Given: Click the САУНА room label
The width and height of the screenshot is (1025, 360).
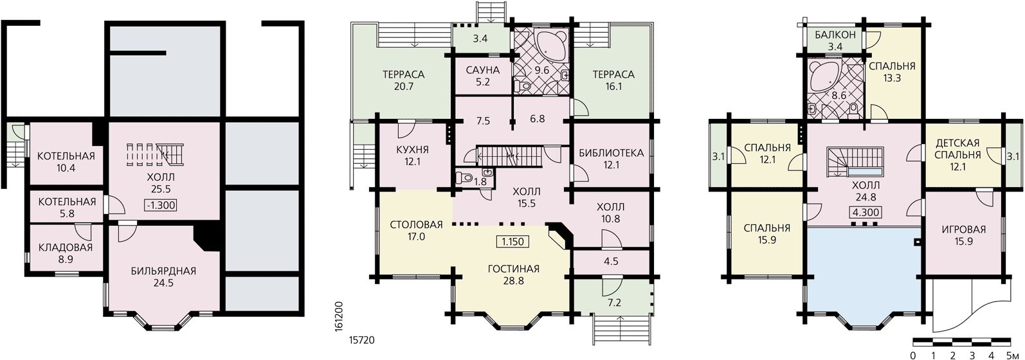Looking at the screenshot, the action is point(483,71).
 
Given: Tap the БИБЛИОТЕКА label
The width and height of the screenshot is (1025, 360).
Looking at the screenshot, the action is point(612,153).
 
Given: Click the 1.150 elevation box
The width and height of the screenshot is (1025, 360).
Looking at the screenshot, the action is point(512,242).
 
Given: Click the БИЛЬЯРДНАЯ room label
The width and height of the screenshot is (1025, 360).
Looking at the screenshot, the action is point(163,271).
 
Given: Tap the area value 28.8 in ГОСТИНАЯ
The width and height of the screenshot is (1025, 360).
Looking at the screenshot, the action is point(513,280).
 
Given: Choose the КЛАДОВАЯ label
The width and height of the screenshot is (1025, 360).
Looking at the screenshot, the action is point(66,248).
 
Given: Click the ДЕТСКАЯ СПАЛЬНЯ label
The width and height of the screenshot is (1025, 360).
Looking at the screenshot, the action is point(957,149).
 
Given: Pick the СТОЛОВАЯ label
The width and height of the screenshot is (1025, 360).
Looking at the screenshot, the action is point(416,224).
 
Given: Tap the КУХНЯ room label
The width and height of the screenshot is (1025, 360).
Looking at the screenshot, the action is point(412,150).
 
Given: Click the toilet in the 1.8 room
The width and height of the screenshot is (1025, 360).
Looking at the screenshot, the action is point(465,177).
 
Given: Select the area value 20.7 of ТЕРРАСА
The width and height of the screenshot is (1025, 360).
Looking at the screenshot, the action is point(403,86).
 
